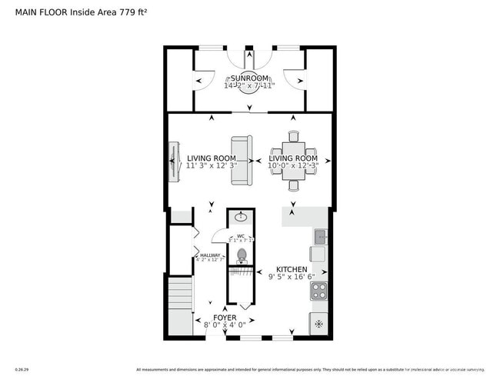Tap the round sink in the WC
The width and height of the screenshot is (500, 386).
point(241,218)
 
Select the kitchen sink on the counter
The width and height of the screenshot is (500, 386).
point(320,235)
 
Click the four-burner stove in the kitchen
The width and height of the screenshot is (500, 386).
point(318,291)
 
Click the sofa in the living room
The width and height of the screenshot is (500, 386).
point(241,160)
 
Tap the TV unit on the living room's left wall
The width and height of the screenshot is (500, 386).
point(174,162)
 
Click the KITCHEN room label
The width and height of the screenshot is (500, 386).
point(292,270)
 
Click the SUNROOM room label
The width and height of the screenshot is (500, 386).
point(250,78)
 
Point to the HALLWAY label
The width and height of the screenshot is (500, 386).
point(210,255)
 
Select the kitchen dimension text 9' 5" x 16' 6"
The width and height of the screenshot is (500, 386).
point(292,278)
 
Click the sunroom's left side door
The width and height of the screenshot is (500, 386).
point(205,78)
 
